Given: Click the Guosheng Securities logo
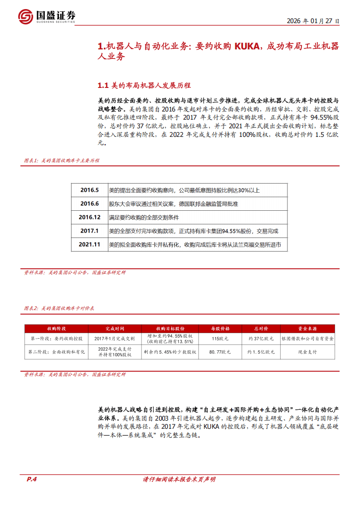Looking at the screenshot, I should click(x=47, y=17).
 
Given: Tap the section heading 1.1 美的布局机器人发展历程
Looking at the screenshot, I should click(x=144, y=85).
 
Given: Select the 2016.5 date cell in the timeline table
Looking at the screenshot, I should click(x=89, y=190).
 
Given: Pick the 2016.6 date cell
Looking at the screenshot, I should click(x=89, y=204).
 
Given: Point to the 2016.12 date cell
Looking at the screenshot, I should click(x=89, y=217).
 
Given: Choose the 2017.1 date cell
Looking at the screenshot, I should click(x=89, y=231).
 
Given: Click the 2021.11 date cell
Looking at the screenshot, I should click(x=89, y=244).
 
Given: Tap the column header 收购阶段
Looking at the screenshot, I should click(x=56, y=329).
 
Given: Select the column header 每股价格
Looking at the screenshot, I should click(x=220, y=329).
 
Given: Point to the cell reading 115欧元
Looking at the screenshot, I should click(x=220, y=339).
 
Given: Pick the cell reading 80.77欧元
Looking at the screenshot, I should click(x=220, y=352).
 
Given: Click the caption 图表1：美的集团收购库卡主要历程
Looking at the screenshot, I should click(x=61, y=160).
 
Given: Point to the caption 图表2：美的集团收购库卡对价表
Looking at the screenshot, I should click(x=58, y=308).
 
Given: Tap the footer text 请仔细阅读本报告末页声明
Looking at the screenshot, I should click(x=179, y=479).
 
